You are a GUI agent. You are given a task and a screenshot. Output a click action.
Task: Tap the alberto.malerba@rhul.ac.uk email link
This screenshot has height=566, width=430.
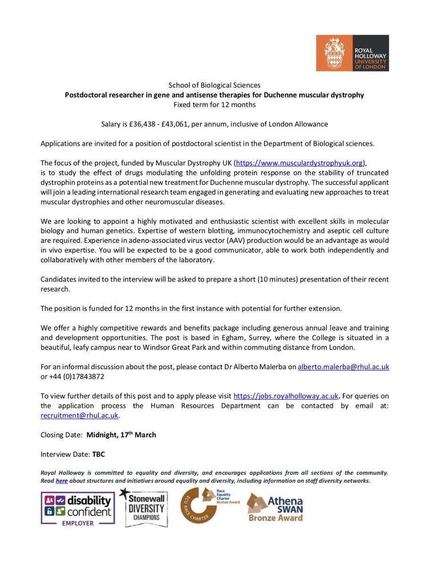point(343,366)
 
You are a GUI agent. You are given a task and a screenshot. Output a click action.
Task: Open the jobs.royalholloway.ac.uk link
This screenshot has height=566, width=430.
point(286,397)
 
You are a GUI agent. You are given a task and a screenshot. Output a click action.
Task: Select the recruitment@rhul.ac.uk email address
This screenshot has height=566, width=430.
point(80,415)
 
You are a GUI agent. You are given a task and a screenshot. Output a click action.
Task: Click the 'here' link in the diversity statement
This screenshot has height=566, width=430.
point(62,481)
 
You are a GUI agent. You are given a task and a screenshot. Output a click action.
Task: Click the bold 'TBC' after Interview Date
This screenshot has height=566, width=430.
point(99,454)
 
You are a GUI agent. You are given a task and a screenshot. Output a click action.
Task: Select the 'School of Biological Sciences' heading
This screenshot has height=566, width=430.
point(215,85)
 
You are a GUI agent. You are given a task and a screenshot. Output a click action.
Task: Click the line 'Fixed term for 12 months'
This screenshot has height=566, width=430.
point(215,104)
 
